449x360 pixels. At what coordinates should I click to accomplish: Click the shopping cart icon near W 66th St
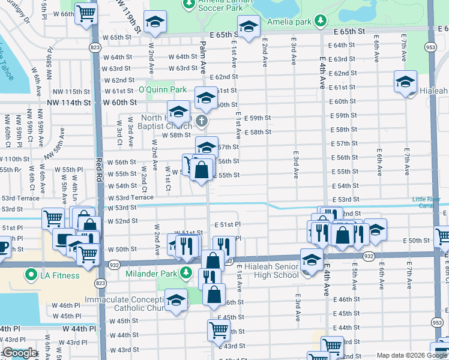click(x=86, y=13)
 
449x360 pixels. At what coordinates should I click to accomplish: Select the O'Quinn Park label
click(x=163, y=89)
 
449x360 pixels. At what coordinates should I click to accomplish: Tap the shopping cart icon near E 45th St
click(x=218, y=329)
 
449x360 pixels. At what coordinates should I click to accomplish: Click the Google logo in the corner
click(x=19, y=353)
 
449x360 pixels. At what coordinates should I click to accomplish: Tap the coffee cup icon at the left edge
click(x=3, y=246)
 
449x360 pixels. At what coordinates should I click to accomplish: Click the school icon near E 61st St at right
click(x=405, y=82)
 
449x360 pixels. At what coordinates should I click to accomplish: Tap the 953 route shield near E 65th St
click(x=430, y=47)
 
